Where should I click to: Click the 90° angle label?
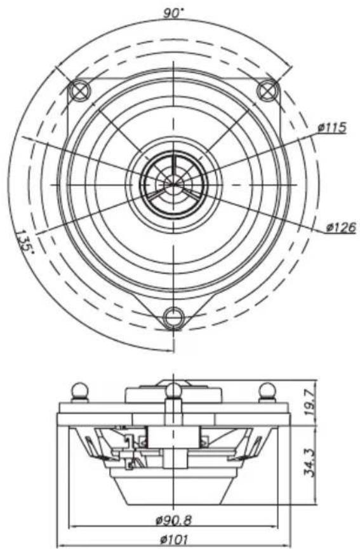(173, 13)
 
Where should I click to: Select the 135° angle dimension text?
(25, 241)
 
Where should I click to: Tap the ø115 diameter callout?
(332, 128)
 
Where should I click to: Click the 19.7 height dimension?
(310, 402)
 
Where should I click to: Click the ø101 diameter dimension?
(173, 539)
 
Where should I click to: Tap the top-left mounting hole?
(79, 90)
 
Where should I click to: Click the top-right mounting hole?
(268, 90)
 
